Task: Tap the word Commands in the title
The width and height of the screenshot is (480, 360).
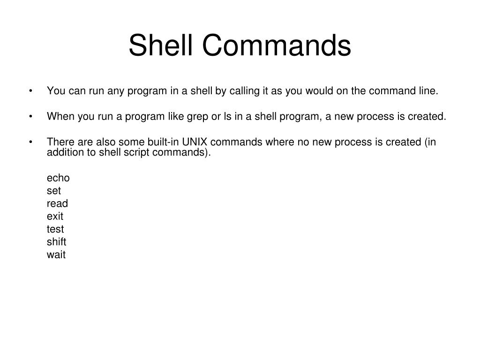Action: (x=277, y=46)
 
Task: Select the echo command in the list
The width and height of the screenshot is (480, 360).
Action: (x=58, y=178)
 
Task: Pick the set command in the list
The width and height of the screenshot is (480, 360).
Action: (x=54, y=191)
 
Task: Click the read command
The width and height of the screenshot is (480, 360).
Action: (x=57, y=203)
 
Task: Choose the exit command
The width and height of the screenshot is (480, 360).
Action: (x=55, y=217)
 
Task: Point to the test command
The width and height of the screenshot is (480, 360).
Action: (x=55, y=229)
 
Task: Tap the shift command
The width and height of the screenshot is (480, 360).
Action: (x=56, y=242)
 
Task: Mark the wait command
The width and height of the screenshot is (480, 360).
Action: (x=56, y=255)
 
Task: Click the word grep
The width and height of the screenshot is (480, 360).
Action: (x=198, y=117)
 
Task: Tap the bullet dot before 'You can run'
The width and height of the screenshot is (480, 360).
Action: (x=30, y=91)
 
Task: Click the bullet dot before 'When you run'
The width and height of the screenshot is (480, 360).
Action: (x=30, y=117)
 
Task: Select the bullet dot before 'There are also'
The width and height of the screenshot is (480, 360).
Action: (x=30, y=142)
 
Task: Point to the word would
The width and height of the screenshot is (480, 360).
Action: (x=319, y=91)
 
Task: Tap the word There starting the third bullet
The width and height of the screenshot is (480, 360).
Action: (x=58, y=142)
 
